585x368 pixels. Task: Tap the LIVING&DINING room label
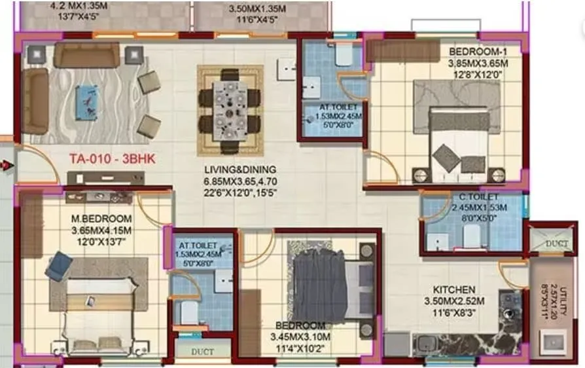239,169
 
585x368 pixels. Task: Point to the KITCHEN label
454,289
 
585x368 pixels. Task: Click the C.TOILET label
479,197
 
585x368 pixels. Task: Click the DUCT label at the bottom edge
202,352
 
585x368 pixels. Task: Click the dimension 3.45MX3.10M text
300,337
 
